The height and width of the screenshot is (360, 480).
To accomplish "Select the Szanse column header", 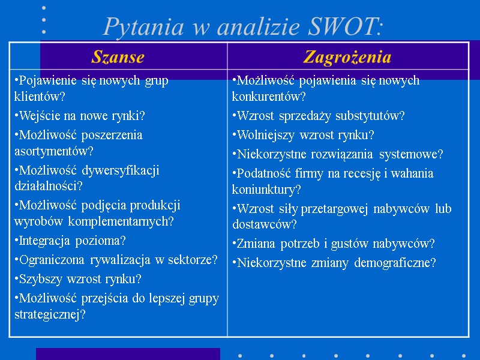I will coord(118,57).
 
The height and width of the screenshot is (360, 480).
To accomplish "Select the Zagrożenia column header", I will coord(347,57).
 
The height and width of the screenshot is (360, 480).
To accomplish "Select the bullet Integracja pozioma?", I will coord(70,241).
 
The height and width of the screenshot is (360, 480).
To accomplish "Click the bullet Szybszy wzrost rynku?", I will coord(77,279).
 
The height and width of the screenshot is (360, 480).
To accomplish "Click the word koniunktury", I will coord(265,190).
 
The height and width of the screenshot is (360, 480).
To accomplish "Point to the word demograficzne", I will coord(396,263).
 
